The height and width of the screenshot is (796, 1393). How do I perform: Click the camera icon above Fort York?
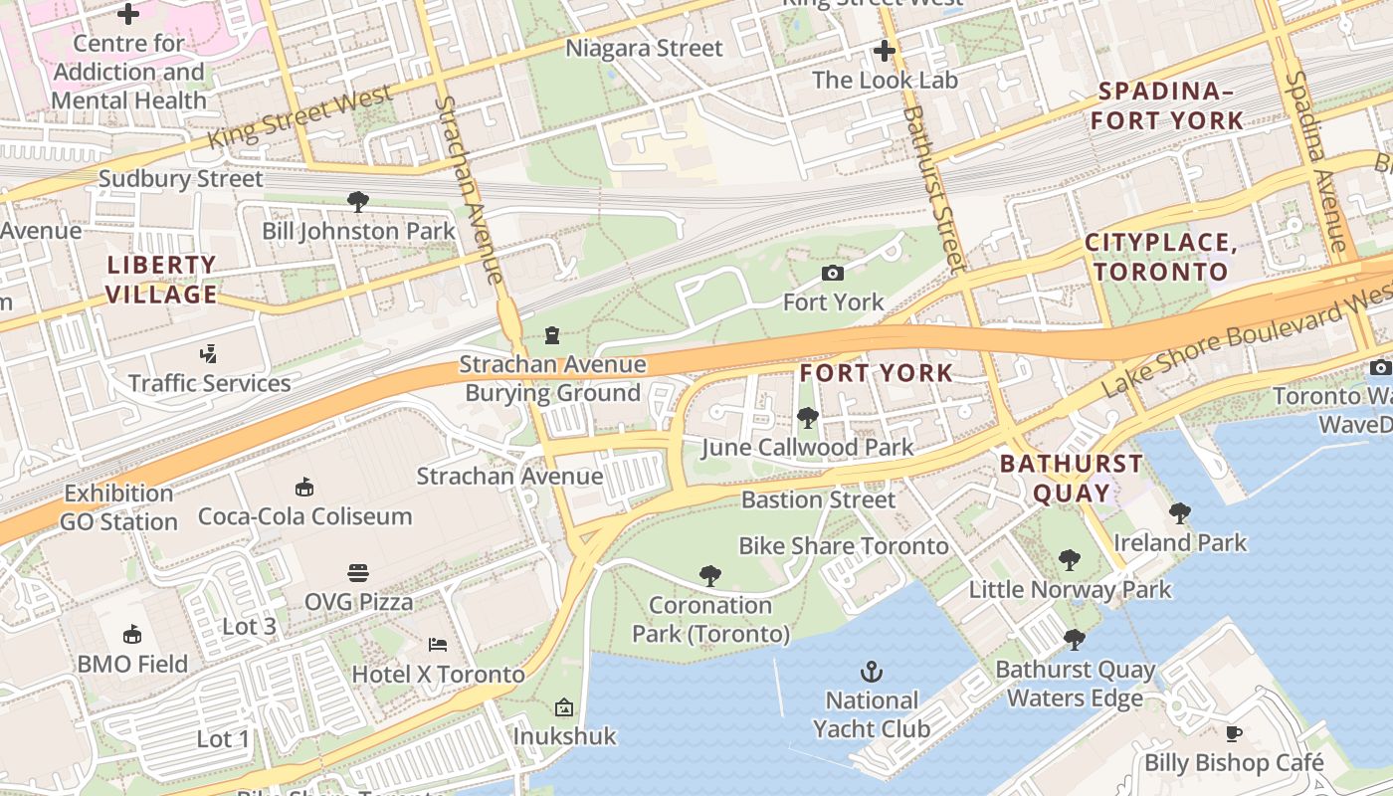pyautogui.click(x=833, y=273)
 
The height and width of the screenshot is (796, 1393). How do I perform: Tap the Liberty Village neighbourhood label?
pyautogui.click(x=161, y=280)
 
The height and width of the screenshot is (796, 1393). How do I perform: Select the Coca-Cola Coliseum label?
pyautogui.click(x=304, y=516)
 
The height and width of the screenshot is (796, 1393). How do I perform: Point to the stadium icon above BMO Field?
pyautogui.click(x=131, y=634)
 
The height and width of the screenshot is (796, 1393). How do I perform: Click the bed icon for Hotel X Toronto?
pyautogui.click(x=437, y=644)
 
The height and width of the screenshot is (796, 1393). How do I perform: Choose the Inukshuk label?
pyautogui.click(x=564, y=736)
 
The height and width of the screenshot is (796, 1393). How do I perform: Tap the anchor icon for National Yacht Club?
pyautogui.click(x=872, y=671)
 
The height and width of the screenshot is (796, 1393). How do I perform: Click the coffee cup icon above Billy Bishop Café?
pyautogui.click(x=1234, y=733)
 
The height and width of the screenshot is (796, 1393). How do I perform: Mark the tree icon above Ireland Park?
pyautogui.click(x=1180, y=512)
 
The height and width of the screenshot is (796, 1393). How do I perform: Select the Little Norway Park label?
pyautogui.click(x=1070, y=589)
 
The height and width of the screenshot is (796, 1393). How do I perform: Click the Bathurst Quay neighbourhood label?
pyautogui.click(x=1072, y=478)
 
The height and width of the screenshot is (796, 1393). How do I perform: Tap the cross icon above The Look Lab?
pyautogui.click(x=885, y=50)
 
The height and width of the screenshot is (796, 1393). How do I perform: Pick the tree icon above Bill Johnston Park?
pyautogui.click(x=358, y=202)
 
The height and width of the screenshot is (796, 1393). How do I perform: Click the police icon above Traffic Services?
pyautogui.click(x=209, y=353)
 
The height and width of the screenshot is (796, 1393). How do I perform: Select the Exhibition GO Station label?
pyautogui.click(x=118, y=507)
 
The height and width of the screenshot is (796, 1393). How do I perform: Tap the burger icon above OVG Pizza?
pyautogui.click(x=358, y=572)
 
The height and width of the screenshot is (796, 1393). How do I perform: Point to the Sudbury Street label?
pyautogui.click(x=180, y=179)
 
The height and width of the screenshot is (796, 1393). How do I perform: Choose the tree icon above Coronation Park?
pyautogui.click(x=709, y=574)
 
